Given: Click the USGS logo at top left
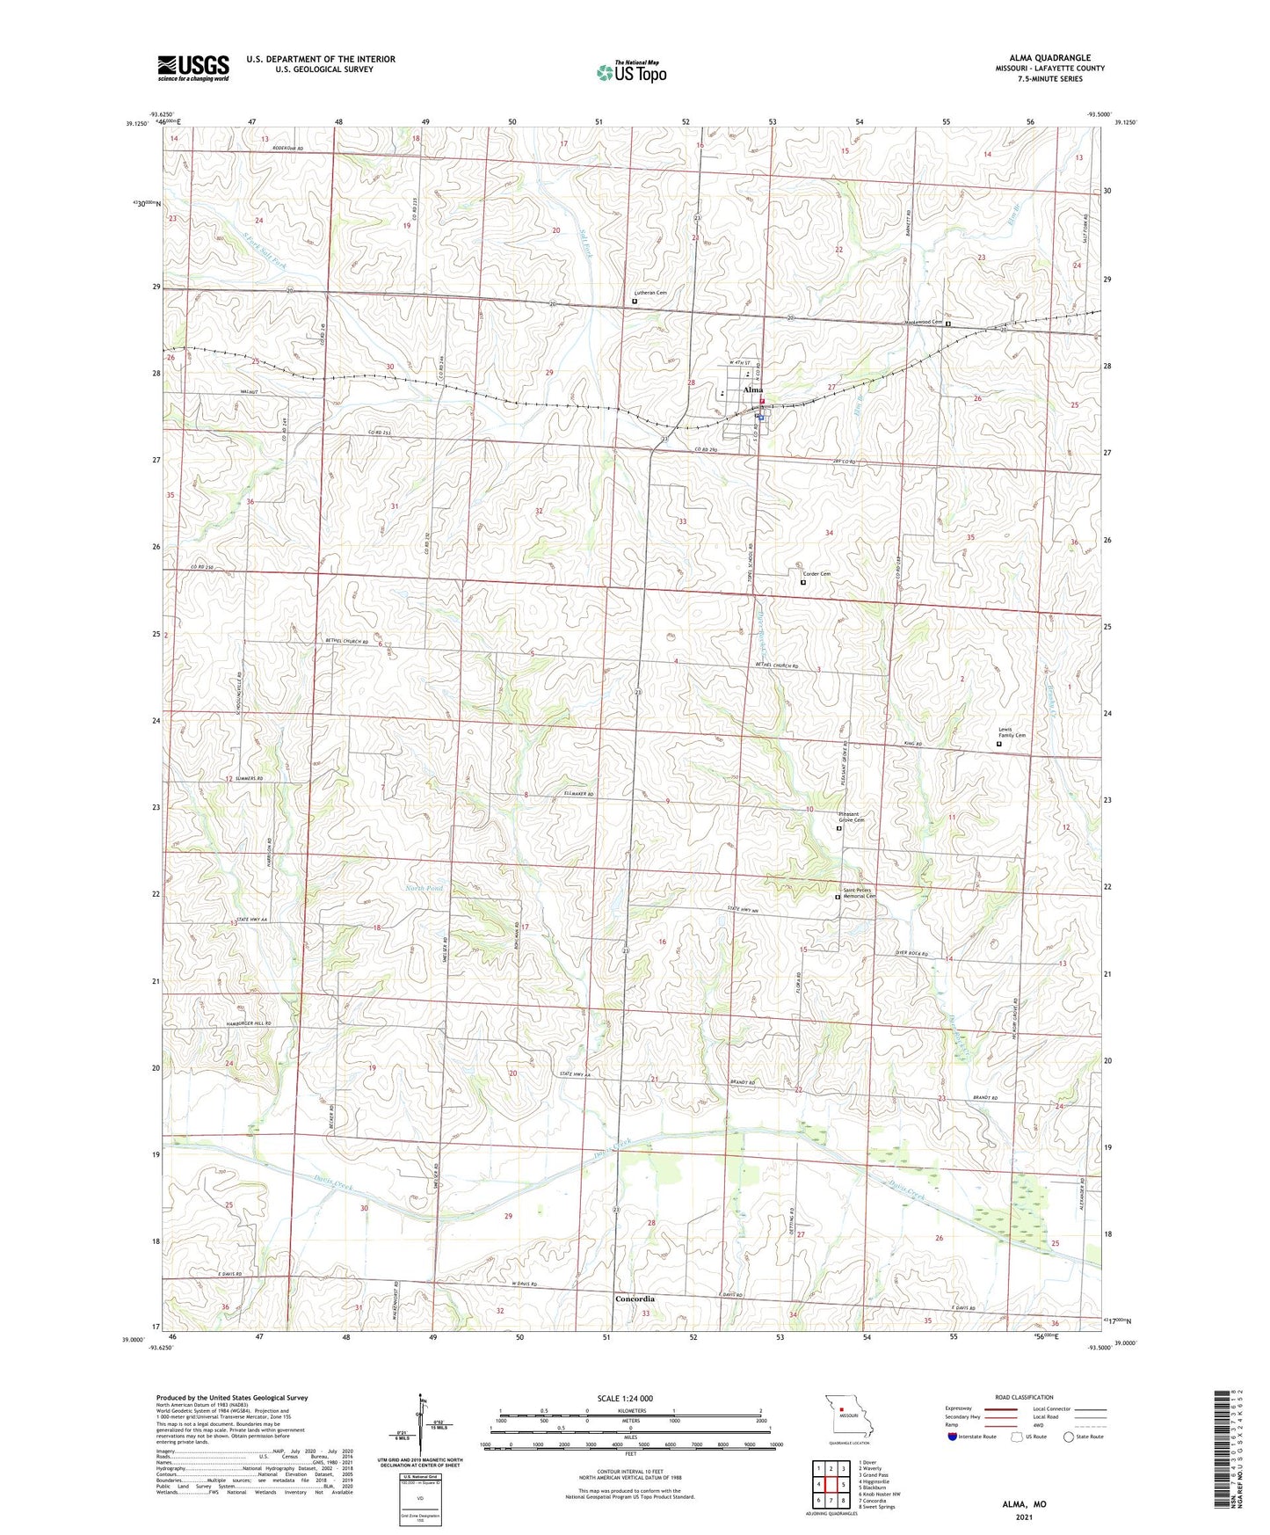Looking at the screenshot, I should (x=193, y=68).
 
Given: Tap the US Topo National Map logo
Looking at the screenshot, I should (x=631, y=71).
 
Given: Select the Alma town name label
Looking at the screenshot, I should (x=752, y=389).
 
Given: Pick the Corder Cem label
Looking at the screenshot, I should (x=816, y=574).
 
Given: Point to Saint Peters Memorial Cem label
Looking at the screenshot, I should (x=859, y=893).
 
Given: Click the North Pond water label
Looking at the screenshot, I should (x=425, y=889).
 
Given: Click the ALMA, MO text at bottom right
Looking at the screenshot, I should (x=1024, y=1504).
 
